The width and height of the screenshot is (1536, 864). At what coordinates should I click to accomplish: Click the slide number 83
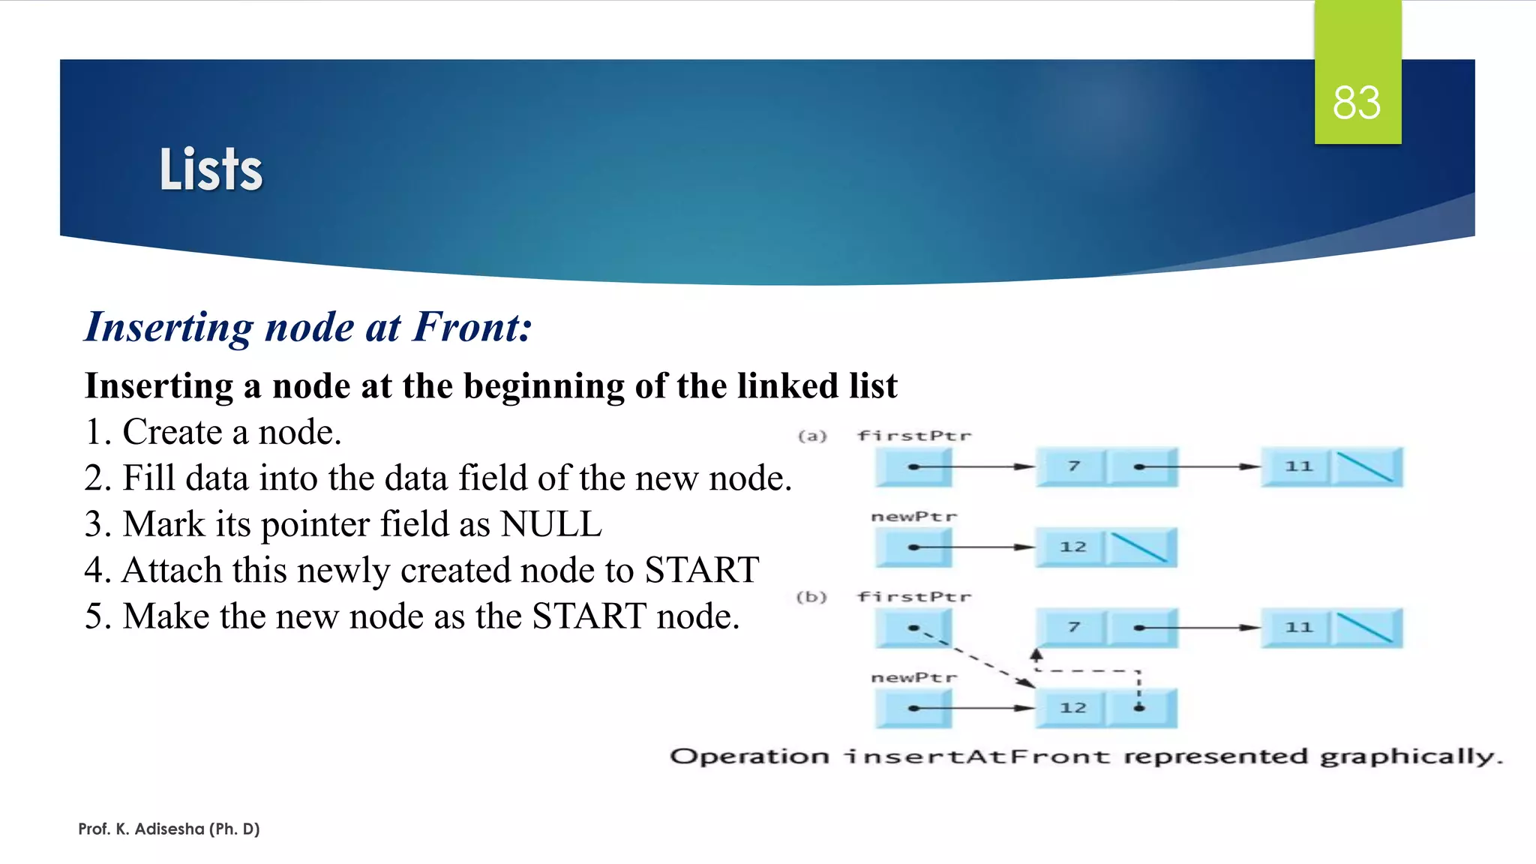(1356, 103)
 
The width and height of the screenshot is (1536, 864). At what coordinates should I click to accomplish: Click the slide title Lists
(211, 169)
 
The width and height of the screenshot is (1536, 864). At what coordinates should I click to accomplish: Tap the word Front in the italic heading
(471, 327)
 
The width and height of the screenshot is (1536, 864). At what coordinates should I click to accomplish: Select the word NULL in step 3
(551, 523)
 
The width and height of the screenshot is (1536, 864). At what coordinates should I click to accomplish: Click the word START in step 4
(702, 570)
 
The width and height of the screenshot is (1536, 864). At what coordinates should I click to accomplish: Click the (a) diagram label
(812, 436)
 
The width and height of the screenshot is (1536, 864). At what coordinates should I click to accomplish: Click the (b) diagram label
(811, 597)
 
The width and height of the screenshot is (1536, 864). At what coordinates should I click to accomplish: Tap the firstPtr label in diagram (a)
(914, 436)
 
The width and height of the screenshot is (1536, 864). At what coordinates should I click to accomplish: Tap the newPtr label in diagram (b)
(914, 677)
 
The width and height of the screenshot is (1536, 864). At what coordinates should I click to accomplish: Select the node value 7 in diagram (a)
(1073, 466)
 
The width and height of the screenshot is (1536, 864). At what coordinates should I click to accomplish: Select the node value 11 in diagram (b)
(1299, 627)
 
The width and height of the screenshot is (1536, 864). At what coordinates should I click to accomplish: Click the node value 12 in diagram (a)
(1072, 547)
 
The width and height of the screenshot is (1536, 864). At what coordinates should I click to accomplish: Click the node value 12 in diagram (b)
(1072, 708)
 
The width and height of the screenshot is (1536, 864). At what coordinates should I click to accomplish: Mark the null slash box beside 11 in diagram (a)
(1366, 467)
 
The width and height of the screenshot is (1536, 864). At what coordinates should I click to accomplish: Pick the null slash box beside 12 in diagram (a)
(1140, 547)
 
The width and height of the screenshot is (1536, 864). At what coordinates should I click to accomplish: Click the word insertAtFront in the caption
(977, 756)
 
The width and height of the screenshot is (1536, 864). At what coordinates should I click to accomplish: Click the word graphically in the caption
(1410, 757)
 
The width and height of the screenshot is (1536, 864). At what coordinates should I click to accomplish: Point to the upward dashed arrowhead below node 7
(1036, 654)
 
